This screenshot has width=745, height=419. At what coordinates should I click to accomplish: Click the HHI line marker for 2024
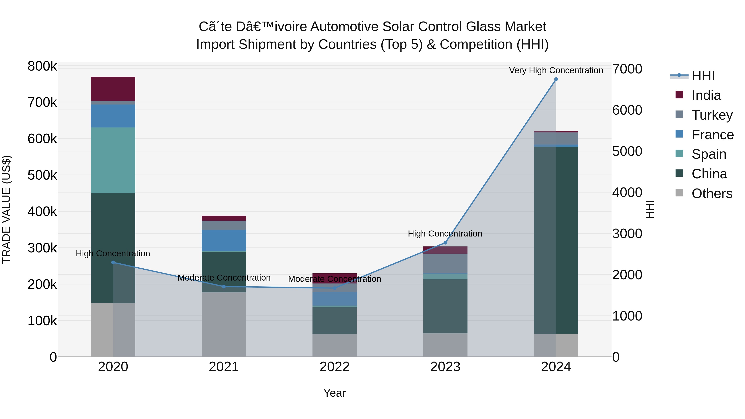tap(556, 79)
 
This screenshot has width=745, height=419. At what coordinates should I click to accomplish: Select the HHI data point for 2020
tap(113, 263)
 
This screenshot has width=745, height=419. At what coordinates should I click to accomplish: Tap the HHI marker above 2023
tap(445, 243)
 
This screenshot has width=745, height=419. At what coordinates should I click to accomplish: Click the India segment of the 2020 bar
tap(113, 89)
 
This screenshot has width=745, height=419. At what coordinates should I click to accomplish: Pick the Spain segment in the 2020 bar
tap(113, 160)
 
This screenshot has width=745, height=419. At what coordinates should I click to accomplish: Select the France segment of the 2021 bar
tap(224, 240)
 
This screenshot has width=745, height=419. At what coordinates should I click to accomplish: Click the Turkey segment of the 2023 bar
tap(445, 263)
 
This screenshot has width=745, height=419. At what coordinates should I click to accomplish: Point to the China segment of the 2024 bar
tap(556, 240)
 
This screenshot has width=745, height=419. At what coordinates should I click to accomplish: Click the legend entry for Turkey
tap(712, 115)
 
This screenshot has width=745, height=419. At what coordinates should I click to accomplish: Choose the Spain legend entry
tap(709, 154)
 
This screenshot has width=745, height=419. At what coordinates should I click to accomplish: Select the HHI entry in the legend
tap(703, 76)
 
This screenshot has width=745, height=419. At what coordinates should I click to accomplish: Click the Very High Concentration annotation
tap(556, 70)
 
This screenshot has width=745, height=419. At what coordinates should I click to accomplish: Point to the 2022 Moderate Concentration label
tap(335, 279)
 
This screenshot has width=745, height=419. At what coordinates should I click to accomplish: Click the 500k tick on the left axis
tap(42, 175)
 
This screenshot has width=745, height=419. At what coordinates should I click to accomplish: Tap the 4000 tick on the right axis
tap(627, 193)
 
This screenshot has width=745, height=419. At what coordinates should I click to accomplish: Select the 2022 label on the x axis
tap(335, 367)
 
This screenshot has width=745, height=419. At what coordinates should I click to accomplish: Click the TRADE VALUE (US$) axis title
tap(6, 209)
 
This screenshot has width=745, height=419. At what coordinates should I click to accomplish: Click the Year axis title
tap(335, 393)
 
